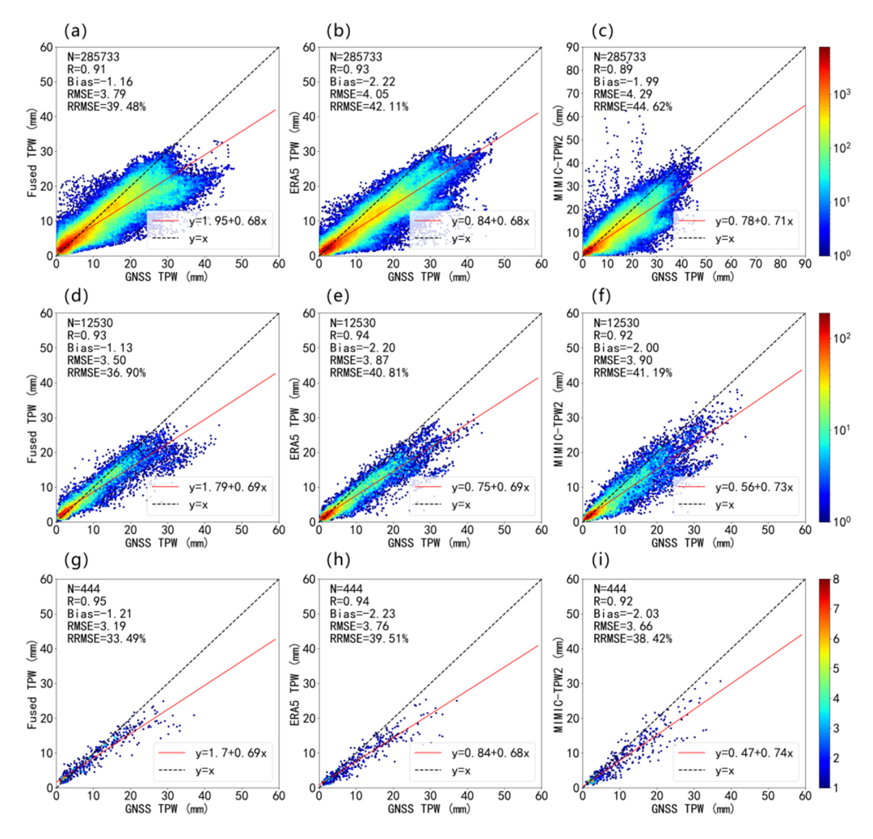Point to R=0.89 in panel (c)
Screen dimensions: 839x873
tap(611, 69)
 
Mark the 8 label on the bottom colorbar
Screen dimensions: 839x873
tap(846, 579)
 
